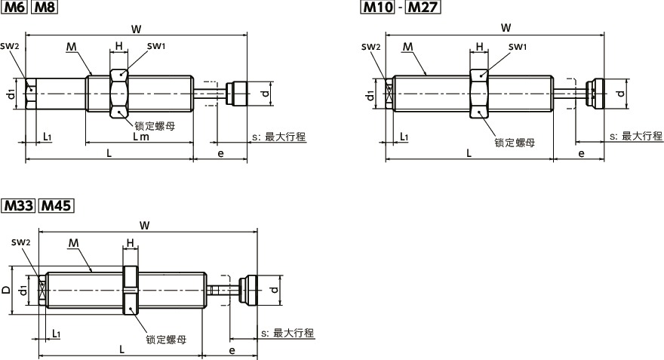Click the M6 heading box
tap(16, 8)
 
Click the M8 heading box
tap(45, 8)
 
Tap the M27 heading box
tap(423, 8)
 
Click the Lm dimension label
tap(140, 137)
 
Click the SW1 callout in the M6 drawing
tap(156, 47)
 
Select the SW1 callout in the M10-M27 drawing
tap(517, 47)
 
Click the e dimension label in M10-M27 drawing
tap(580, 153)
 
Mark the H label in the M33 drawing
tap(130, 243)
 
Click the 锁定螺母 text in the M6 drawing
tap(155, 126)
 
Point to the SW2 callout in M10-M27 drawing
tap(370, 47)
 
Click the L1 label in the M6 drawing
tap(48, 137)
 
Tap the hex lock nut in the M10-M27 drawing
tap(478, 93)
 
